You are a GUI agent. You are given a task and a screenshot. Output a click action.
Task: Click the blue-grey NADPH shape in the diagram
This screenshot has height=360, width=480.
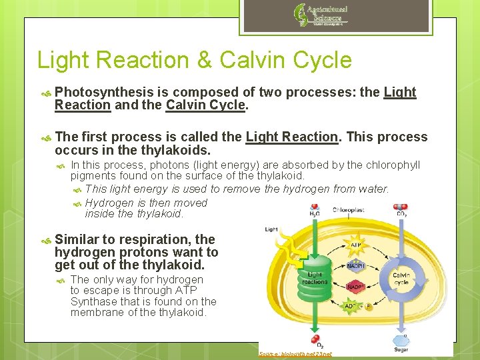point(355,265)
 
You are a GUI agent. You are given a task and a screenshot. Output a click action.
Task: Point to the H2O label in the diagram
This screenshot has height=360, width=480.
point(313,214)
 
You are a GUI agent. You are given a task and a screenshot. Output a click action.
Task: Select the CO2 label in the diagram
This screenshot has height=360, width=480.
point(402,214)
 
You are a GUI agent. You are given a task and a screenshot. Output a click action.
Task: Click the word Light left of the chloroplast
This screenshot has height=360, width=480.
point(271,229)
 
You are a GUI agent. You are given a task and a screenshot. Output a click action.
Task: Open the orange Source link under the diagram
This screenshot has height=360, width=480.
point(295,354)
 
